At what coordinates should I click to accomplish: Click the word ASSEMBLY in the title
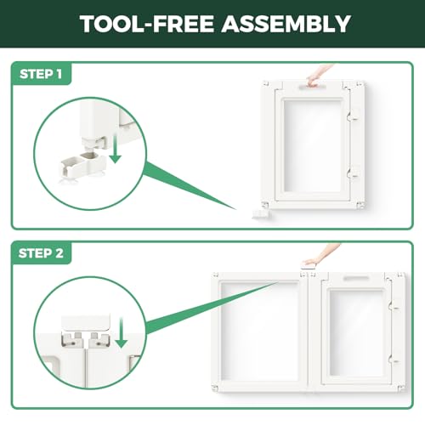(x=286, y=24)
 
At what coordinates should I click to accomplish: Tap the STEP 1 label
(x=41, y=74)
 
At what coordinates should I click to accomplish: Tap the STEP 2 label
(x=41, y=253)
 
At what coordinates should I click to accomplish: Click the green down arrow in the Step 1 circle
(x=116, y=150)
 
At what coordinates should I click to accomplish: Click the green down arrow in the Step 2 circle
(x=122, y=333)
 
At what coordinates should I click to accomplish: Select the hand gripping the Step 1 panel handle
(x=318, y=76)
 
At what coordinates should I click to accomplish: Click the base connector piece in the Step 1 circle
(x=82, y=164)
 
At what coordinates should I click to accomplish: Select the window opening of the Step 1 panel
(x=312, y=146)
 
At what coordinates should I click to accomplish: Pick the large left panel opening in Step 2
(x=260, y=331)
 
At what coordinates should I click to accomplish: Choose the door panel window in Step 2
(x=356, y=333)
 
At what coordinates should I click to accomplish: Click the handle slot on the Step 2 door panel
(x=356, y=278)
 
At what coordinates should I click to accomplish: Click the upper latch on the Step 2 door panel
(x=394, y=306)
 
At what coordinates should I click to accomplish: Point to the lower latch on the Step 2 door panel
(x=394, y=360)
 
